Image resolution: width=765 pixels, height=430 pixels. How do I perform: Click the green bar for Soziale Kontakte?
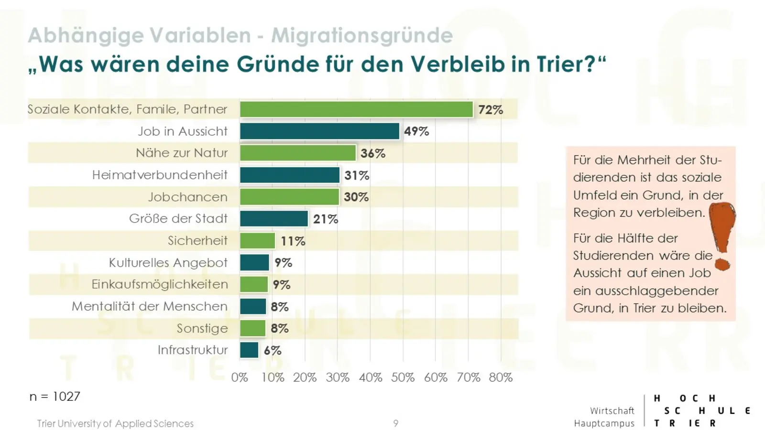click(x=356, y=109)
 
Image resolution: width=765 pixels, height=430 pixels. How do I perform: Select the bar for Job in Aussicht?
click(x=319, y=131)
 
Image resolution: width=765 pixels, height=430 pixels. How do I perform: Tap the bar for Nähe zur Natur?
click(x=298, y=153)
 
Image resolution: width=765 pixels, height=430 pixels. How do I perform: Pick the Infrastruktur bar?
click(x=249, y=350)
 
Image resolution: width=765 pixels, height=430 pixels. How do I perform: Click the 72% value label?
click(x=491, y=110)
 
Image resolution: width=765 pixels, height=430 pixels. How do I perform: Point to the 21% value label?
click(x=326, y=219)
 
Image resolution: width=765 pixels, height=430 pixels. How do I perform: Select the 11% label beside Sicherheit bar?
click(x=293, y=241)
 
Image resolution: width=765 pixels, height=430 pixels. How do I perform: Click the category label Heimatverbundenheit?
click(x=160, y=175)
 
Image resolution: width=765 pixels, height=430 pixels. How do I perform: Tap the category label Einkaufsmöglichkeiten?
click(x=160, y=284)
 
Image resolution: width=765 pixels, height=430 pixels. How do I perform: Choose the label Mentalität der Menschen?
click(x=150, y=306)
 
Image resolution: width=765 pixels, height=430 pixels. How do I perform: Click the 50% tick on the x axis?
click(x=403, y=377)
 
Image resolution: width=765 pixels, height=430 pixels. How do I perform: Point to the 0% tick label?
click(x=240, y=377)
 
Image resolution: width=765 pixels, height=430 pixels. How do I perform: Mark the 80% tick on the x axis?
click(x=501, y=377)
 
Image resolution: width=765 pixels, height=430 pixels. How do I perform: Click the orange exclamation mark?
click(x=722, y=234)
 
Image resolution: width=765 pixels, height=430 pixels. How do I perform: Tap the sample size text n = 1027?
click(x=55, y=397)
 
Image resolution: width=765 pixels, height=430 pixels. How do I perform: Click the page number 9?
click(x=395, y=423)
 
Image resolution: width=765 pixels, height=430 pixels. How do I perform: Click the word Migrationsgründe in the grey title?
click(x=362, y=35)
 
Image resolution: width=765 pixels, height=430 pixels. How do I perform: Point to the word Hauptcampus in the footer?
click(x=604, y=423)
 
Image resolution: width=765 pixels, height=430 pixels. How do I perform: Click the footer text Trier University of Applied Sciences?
click(x=115, y=423)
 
